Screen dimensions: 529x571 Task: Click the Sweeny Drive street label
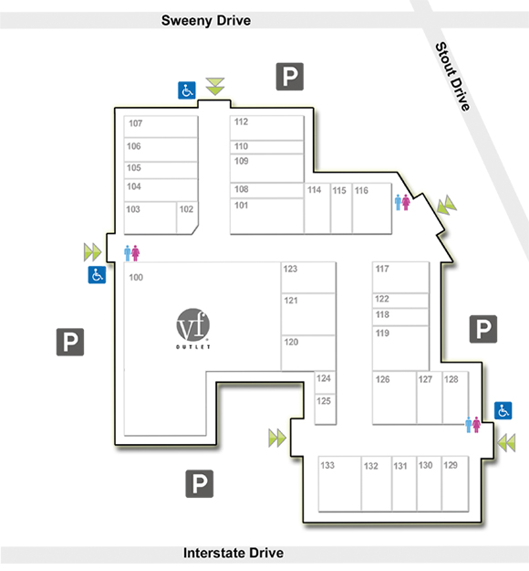point(206,20)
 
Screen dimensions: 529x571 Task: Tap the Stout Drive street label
point(453,76)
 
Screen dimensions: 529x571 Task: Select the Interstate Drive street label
point(233,553)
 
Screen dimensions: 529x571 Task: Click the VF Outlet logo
point(193,329)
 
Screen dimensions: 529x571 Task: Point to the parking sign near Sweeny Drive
point(290,77)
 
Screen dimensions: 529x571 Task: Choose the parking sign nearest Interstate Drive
point(200,483)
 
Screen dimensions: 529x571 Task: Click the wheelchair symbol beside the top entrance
point(187,90)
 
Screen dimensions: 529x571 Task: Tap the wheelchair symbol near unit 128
point(503,410)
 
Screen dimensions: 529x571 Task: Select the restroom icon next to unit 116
point(402,203)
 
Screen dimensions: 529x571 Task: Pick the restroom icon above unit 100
point(131,253)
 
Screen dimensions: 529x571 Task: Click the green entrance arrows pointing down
point(215,86)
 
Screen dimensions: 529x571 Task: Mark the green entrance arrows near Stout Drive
point(447,206)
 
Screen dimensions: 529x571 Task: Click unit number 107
point(135,123)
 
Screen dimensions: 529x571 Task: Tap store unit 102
point(187,217)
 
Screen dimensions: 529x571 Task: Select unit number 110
point(241,146)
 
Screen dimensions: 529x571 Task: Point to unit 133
point(339,483)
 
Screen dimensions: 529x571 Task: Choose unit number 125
point(323,401)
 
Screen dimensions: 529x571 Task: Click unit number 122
point(382,299)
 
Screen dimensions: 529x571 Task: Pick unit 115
point(341,208)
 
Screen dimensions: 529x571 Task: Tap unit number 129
point(451,465)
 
